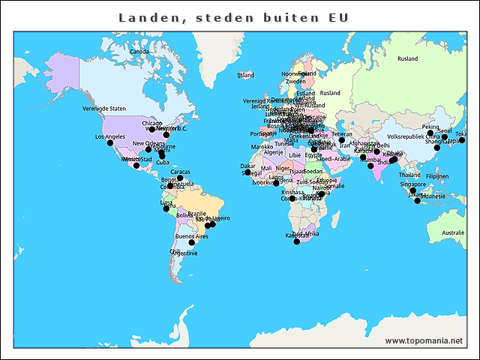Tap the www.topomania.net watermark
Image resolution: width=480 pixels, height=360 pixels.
424,340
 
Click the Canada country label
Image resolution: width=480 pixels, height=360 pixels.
139,52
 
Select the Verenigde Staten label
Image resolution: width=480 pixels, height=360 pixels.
104,109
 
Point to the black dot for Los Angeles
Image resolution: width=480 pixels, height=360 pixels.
110,143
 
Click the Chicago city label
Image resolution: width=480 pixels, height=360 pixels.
152,123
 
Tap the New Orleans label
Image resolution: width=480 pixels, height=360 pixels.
148,143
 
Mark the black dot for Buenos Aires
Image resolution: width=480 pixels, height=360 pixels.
191,243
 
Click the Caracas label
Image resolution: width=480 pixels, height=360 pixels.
180,172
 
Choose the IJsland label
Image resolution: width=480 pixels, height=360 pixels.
245,75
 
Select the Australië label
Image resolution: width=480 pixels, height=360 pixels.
452,233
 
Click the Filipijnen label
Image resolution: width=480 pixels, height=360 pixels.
436,176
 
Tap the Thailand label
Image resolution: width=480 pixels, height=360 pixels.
409,175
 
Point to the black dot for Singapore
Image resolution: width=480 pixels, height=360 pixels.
412,190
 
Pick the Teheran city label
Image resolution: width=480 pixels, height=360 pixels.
341,134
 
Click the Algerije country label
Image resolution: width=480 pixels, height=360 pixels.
273,152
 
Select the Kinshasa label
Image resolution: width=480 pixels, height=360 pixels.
293,192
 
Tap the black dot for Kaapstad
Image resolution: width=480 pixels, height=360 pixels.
296,241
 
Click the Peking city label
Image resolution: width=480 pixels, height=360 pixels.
430,127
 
